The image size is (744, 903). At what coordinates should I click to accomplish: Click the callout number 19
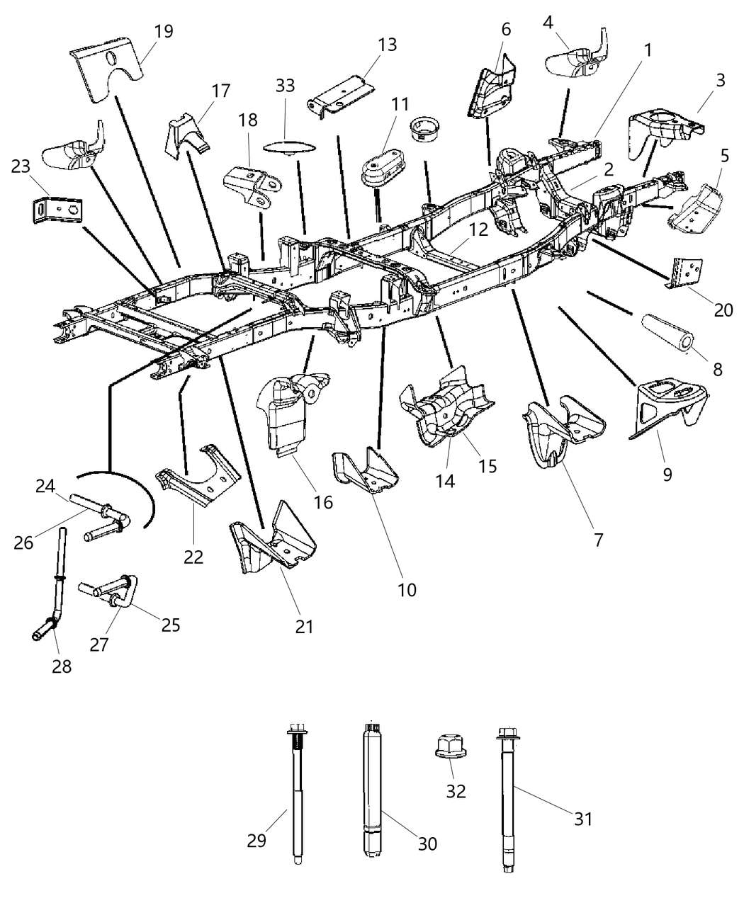(x=163, y=31)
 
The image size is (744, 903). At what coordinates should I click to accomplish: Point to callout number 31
(x=582, y=819)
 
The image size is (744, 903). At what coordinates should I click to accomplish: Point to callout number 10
(x=407, y=589)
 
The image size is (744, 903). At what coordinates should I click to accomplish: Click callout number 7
(x=599, y=540)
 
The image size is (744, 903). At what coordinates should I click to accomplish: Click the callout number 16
(x=323, y=502)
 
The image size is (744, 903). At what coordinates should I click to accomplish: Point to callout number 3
(x=720, y=80)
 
